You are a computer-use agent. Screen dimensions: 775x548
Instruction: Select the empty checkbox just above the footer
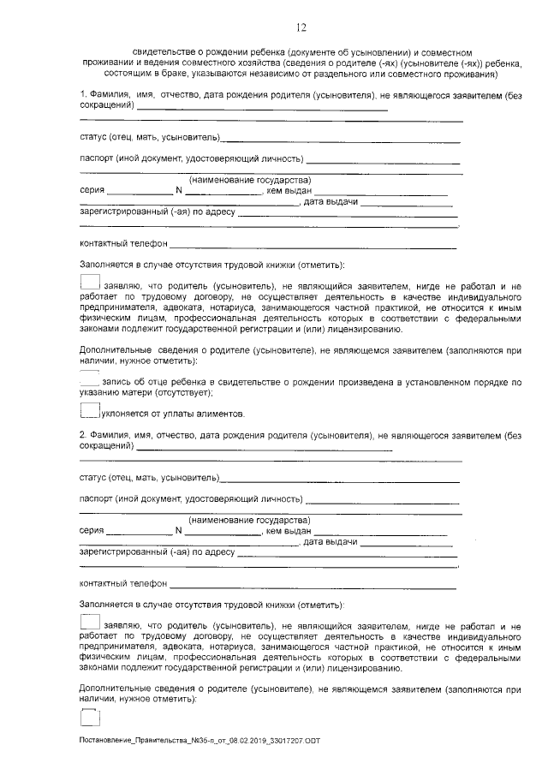(90, 718)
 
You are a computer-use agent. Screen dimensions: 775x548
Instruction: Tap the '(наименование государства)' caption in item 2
(249, 520)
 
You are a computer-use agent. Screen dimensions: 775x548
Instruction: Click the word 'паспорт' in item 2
(95, 498)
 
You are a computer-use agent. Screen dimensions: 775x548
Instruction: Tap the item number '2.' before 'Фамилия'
(83, 434)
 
